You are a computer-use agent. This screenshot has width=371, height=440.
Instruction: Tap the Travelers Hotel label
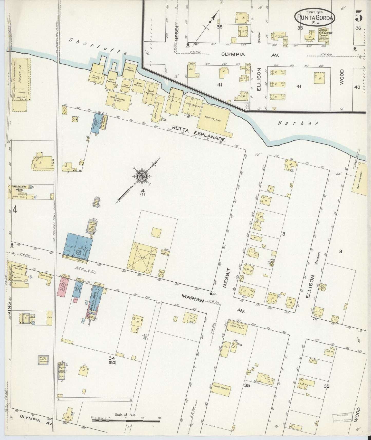[19, 189]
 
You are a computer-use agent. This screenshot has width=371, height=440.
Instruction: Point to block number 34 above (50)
[111, 358]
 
